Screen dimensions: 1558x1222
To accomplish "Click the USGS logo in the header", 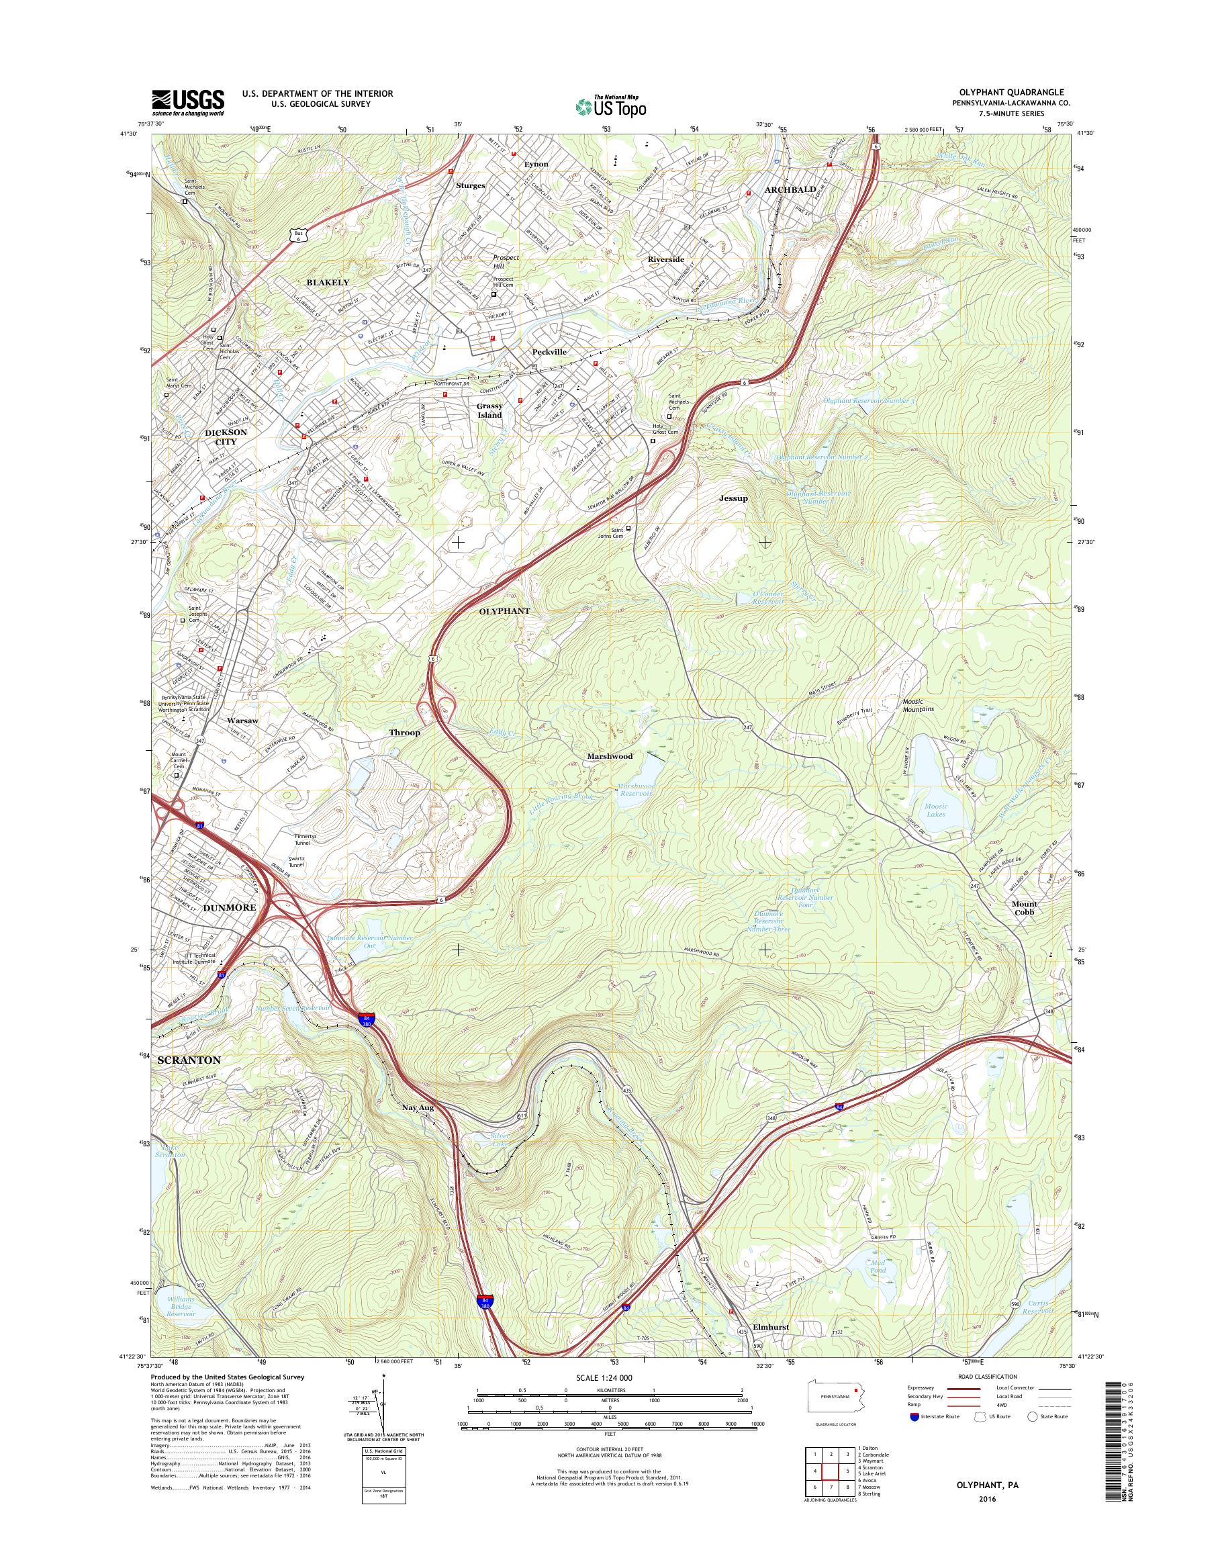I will [187, 102].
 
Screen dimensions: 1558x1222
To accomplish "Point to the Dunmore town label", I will [230, 907].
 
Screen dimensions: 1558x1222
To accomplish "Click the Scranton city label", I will [189, 1059].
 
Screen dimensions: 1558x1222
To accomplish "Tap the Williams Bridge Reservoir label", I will [181, 1306].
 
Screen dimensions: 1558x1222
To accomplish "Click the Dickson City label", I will [226, 437].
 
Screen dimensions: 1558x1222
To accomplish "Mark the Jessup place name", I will [733, 498].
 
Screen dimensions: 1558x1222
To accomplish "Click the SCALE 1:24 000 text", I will [604, 1377].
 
